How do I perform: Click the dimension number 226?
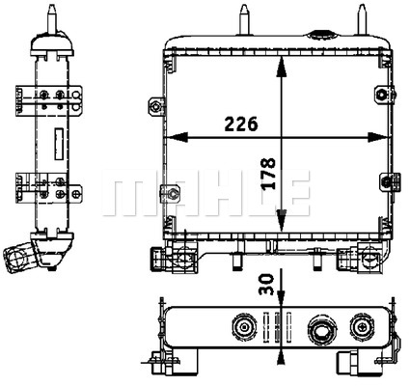[241, 124]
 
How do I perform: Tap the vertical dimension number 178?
[267, 173]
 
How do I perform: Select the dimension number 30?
[266, 285]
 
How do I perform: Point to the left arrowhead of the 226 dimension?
[177, 137]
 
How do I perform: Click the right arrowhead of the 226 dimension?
[378, 137]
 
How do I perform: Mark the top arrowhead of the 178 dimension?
[282, 67]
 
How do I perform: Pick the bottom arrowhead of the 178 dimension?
[282, 220]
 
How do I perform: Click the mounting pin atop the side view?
[52, 19]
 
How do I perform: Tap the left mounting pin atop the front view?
[244, 19]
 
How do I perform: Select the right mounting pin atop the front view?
[362, 19]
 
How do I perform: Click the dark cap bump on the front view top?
[319, 35]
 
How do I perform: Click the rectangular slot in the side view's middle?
[59, 144]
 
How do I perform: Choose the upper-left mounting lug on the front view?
[156, 106]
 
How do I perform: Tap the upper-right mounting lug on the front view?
[384, 94]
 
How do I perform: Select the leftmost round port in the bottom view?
[244, 327]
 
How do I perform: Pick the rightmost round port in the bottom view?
[363, 327]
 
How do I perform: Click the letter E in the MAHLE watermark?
[293, 193]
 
